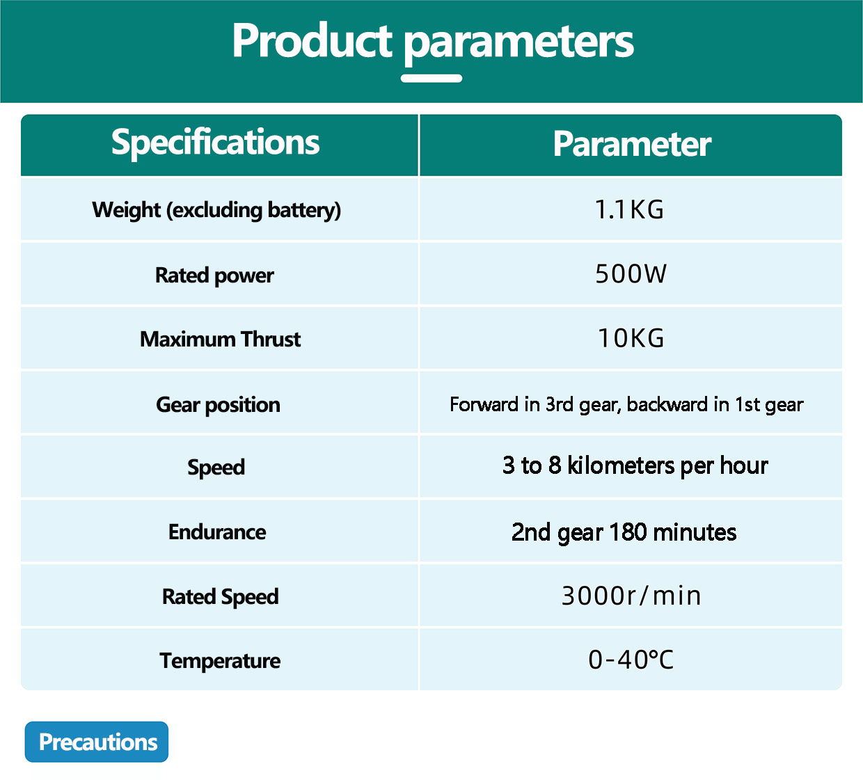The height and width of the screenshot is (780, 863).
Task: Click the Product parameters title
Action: pyautogui.click(x=432, y=42)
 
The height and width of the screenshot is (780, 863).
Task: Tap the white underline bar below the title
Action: pyautogui.click(x=431, y=79)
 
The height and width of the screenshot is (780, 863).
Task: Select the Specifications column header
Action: pyautogui.click(x=215, y=143)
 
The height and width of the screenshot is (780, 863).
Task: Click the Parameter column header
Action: pyautogui.click(x=631, y=144)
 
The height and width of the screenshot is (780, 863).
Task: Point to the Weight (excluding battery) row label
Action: pyautogui.click(x=216, y=210)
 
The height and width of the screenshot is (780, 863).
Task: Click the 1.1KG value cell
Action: pyautogui.click(x=629, y=210)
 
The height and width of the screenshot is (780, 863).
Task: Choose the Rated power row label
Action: pyautogui.click(x=214, y=276)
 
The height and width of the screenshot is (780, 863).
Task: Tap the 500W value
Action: pyautogui.click(x=631, y=274)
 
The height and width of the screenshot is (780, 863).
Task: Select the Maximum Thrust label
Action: pyautogui.click(x=220, y=339)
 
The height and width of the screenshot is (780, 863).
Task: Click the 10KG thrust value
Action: pyautogui.click(x=631, y=338)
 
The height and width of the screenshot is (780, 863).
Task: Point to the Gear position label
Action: pyautogui.click(x=218, y=405)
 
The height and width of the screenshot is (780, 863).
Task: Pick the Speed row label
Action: pyautogui.click(x=216, y=468)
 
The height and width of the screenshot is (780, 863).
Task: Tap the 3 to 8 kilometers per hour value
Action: pyautogui.click(x=635, y=466)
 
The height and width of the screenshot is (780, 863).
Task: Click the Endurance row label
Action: pyautogui.click(x=217, y=532)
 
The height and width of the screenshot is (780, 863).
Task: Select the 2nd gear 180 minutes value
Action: pyautogui.click(x=624, y=533)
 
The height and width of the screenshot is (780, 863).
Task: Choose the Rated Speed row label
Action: pyautogui.click(x=220, y=597)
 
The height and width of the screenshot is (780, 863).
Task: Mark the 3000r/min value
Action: pyautogui.click(x=631, y=596)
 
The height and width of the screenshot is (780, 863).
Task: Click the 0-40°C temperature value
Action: pyautogui.click(x=631, y=660)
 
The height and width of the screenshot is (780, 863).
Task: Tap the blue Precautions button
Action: pyautogui.click(x=97, y=742)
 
